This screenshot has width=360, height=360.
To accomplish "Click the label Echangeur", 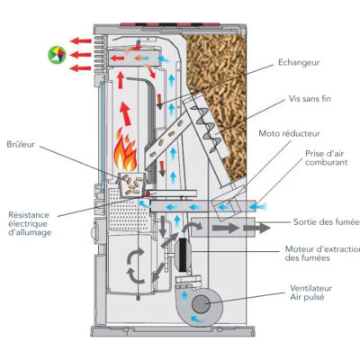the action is tap(299, 63).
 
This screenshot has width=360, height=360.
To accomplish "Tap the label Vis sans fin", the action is tap(310, 99).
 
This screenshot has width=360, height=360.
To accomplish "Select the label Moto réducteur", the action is tap(289, 133).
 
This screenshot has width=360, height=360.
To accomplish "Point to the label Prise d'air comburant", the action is tap(327, 157).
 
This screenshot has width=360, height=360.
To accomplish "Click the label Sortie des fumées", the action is tap(327, 222).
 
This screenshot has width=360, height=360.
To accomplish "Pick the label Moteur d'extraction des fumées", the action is tap(322, 254).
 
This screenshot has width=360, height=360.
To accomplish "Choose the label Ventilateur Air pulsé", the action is tap(310, 292).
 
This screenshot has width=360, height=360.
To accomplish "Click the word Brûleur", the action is tap(21, 144).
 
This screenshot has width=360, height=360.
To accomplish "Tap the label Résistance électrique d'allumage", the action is tap(30, 223).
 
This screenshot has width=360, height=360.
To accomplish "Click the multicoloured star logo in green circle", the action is tap(57, 55).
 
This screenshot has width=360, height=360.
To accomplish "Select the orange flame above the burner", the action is tap(125, 153).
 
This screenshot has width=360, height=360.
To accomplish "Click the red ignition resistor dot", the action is tap(148, 193).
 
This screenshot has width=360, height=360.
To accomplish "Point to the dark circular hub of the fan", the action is tap(201, 304).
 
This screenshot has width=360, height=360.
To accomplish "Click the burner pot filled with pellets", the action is tap(132, 184).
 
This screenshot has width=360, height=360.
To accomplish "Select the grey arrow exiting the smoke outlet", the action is tap(256, 228).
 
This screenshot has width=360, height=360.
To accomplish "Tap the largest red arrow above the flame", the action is tap(126, 113).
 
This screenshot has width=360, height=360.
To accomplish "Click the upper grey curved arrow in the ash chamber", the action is tap(136, 255).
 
